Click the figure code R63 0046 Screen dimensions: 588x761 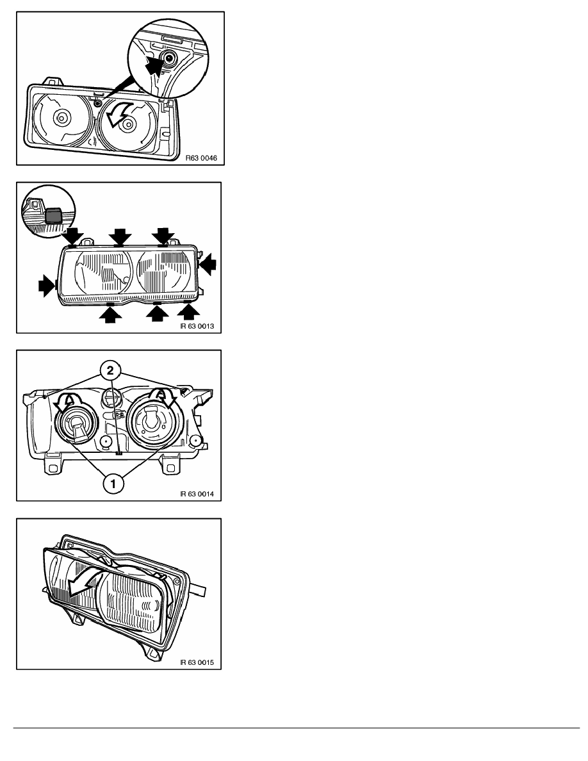pyautogui.click(x=201, y=158)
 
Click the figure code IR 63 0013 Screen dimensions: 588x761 pyautogui.click(x=197, y=326)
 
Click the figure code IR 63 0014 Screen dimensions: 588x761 pyautogui.click(x=197, y=494)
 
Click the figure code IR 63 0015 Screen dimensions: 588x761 pyautogui.click(x=197, y=662)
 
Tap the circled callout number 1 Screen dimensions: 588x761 pyautogui.click(x=113, y=484)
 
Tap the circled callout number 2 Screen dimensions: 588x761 pyautogui.click(x=111, y=371)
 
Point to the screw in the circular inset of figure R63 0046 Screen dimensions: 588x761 pyautogui.click(x=170, y=58)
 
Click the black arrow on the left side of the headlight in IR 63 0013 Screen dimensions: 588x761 pyautogui.click(x=47, y=286)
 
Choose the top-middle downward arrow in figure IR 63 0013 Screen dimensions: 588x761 pyautogui.click(x=120, y=237)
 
